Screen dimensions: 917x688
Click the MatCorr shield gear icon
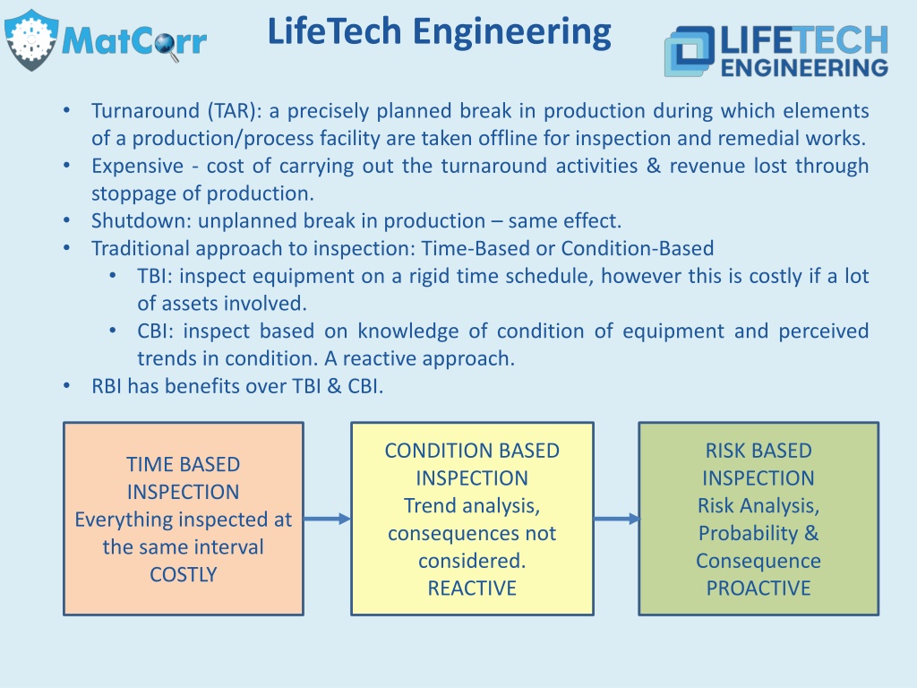tap(31, 39)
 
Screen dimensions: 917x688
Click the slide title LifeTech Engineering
tap(439, 31)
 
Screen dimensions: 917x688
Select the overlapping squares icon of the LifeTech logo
tap(690, 51)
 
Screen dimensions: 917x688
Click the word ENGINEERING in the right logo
tap(804, 68)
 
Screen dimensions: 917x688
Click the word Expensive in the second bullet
tap(137, 166)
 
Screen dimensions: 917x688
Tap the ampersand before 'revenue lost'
tap(654, 166)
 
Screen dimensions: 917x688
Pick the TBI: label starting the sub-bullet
tap(155, 276)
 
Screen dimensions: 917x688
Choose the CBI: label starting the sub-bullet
tap(156, 331)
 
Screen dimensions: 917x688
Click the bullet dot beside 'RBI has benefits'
tap(66, 385)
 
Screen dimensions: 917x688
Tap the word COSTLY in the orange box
tap(183, 574)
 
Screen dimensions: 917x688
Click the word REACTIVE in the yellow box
tap(472, 588)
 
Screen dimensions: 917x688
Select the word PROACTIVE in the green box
tap(758, 588)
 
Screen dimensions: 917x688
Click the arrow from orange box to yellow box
tap(327, 519)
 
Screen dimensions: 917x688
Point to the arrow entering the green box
tap(616, 519)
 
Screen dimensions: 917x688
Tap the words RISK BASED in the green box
tap(758, 451)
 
